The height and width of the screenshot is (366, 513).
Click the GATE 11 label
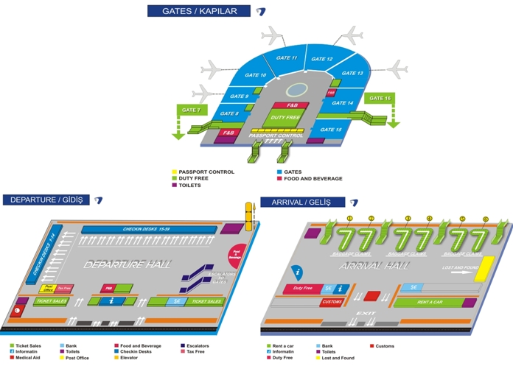(289, 57)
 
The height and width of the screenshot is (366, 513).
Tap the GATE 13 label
(352, 74)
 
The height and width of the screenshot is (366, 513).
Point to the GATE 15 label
(333, 130)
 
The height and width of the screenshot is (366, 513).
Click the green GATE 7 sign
(190, 110)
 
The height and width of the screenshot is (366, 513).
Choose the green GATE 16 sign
(380, 98)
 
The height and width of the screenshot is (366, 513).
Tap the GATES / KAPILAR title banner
(200, 11)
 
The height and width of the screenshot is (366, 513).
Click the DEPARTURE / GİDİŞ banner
(46, 200)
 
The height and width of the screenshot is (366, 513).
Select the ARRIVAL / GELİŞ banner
(301, 202)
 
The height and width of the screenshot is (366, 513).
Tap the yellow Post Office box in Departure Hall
(49, 288)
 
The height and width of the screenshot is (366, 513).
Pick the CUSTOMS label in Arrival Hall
(332, 302)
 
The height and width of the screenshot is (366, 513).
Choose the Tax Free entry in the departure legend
(195, 351)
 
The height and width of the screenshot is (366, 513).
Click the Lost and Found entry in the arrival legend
(339, 358)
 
